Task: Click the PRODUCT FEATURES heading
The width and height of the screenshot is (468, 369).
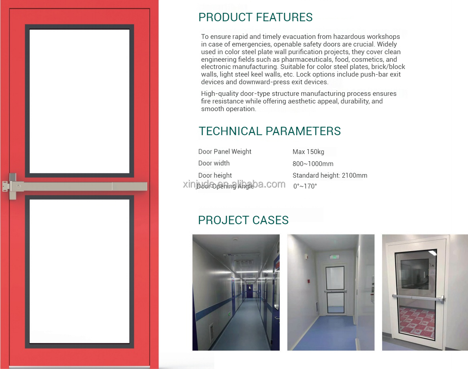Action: click(x=256, y=17)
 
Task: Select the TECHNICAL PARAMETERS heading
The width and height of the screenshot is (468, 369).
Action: click(x=269, y=131)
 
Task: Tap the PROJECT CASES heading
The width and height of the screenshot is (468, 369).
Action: click(x=243, y=220)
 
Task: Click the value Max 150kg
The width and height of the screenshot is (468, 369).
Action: click(x=308, y=152)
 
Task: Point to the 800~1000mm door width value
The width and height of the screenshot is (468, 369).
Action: click(x=313, y=164)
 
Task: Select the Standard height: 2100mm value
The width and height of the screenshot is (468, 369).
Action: click(x=330, y=175)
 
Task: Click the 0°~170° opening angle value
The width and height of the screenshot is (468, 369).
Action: click(x=305, y=186)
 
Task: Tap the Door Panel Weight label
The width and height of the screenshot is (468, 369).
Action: click(x=225, y=152)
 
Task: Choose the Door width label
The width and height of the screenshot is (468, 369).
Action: click(x=214, y=163)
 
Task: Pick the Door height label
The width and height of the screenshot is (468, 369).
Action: click(x=215, y=175)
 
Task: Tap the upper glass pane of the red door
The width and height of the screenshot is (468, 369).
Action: click(x=79, y=101)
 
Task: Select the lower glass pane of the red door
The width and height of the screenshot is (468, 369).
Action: click(x=79, y=271)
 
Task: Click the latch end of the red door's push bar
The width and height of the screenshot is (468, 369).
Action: click(x=9, y=187)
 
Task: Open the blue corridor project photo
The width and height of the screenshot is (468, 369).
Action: click(x=236, y=292)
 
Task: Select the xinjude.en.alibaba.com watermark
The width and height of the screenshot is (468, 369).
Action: click(x=234, y=184)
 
